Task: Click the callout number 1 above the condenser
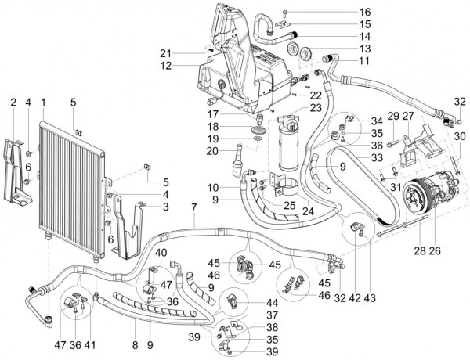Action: coord(44,102)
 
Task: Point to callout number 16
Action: coord(343,13)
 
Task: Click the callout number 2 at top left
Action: coord(13,102)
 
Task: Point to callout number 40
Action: coord(161,253)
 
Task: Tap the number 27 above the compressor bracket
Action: coord(407,117)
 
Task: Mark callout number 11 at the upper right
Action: coord(343,60)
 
